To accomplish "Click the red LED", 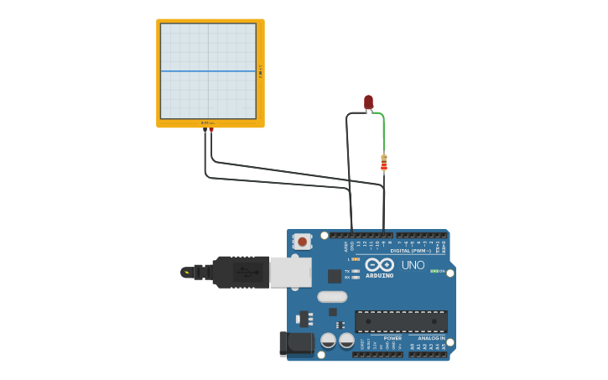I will coord(368,102).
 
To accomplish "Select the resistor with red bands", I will coord(384,163).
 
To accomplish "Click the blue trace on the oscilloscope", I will coord(208,71).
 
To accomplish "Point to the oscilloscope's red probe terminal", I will coord(211,130).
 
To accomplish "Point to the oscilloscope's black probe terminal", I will coord(205,130).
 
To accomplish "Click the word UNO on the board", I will coord(413,265).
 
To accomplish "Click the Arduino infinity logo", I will coord(379,264).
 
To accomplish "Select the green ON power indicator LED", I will coord(434,271).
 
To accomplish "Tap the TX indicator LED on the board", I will coord(356,271).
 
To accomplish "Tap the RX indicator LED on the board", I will coord(356,277).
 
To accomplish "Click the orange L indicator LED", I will coord(356,259).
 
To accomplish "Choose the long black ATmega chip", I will coord(401,321).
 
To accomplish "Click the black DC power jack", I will coord(296,342).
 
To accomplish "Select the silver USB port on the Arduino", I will coord(290,272).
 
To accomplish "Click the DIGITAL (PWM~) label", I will coord(410,251).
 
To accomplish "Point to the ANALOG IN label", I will coord(431,338).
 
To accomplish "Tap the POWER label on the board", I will coord(392,338).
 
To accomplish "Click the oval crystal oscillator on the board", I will coord(332,296).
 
